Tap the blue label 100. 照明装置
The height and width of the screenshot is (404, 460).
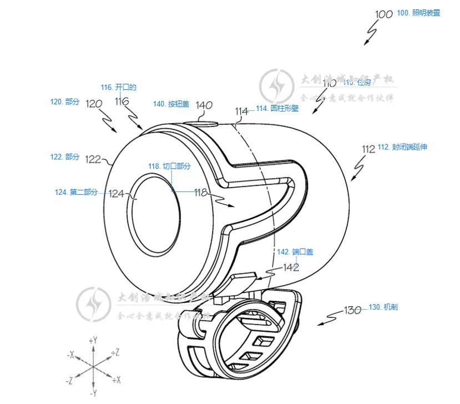coord(419,13)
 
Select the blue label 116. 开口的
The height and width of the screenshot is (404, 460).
coord(118,87)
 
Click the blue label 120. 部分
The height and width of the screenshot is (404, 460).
coord(65,102)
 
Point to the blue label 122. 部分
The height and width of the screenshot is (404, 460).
coord(65,157)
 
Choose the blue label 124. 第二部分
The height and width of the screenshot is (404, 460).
coord(76,192)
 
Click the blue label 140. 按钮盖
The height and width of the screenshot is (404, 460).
coord(171,104)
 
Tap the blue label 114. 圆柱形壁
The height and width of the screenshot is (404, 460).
coord(277,109)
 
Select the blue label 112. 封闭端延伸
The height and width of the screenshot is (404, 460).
coord(402,147)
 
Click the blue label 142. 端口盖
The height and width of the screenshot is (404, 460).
coord(295,252)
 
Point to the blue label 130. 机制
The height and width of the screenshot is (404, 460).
coord(383,307)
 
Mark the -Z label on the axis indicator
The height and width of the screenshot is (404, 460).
coord(69,381)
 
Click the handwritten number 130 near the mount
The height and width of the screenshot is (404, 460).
coord(353,310)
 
